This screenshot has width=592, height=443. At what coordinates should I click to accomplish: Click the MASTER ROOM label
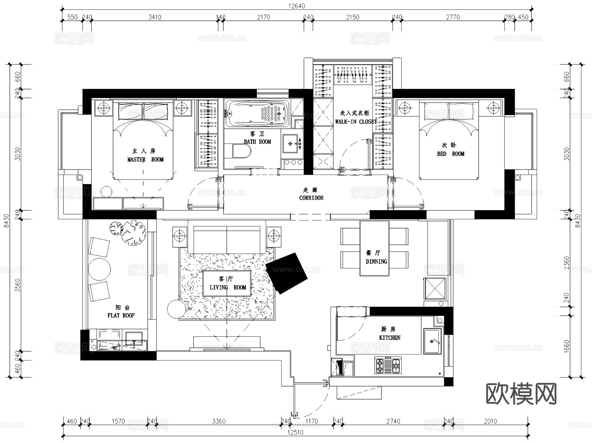145,160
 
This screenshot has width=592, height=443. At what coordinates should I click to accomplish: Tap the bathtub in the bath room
257,114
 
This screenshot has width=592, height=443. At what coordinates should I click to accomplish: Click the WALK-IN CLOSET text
356,122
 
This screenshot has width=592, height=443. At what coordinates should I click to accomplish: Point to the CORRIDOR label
311,198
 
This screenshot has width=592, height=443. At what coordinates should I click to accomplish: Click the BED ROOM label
450,154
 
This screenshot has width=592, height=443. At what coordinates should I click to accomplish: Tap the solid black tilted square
286,273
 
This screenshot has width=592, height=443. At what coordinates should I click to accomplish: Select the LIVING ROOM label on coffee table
228,287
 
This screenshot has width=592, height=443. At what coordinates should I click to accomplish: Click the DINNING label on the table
376,261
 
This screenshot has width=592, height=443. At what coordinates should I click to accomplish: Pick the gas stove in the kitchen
388,365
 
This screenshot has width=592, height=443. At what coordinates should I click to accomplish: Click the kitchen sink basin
432,341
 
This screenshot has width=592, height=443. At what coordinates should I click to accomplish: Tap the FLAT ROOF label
121,315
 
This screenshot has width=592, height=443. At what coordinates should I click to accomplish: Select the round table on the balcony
99,269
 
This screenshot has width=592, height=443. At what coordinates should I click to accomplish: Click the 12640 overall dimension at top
297,6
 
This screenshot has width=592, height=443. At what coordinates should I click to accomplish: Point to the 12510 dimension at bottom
295,432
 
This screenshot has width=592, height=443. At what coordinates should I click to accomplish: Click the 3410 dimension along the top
155,17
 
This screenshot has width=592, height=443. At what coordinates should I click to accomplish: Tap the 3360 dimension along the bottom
219,421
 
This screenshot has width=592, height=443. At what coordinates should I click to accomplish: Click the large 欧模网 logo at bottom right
521,394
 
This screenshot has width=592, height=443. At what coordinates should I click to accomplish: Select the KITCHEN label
390,337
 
